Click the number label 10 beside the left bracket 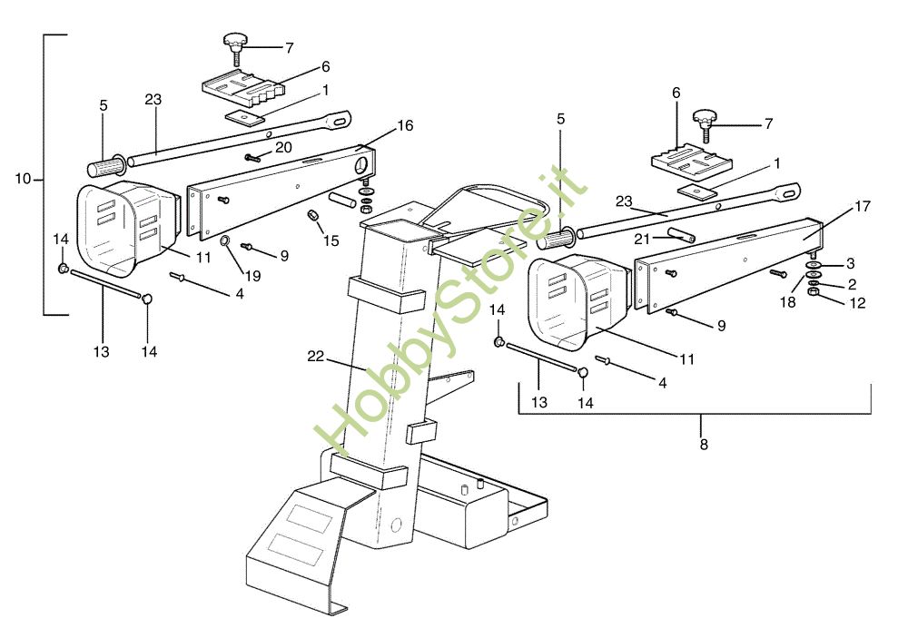pyautogui.click(x=23, y=179)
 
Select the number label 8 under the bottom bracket pyautogui.click(x=704, y=445)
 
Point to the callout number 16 pyautogui.click(x=405, y=126)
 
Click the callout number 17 pyautogui.click(x=862, y=207)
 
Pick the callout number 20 pyautogui.click(x=283, y=147)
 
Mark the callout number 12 pyautogui.click(x=858, y=303)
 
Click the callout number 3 pyautogui.click(x=850, y=264)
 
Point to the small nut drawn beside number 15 pyautogui.click(x=312, y=215)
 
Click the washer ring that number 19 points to pyautogui.click(x=225, y=241)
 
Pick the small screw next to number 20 pyautogui.click(x=252, y=157)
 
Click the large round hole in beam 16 pyautogui.click(x=361, y=166)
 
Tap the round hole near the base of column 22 pyautogui.click(x=395, y=524)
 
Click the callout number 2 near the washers pyautogui.click(x=852, y=284)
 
